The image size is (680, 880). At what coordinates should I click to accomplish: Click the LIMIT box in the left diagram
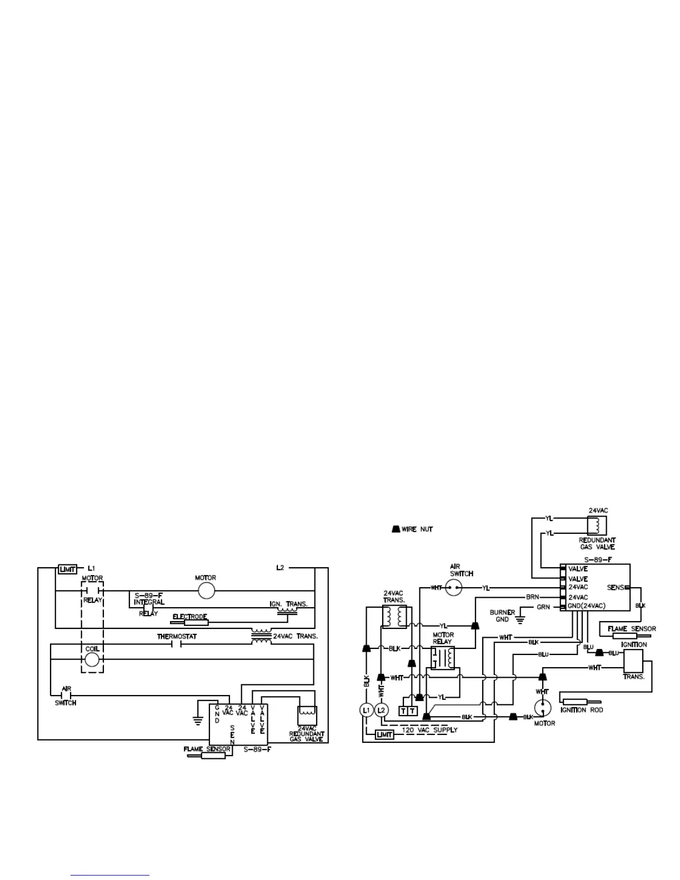coord(67,569)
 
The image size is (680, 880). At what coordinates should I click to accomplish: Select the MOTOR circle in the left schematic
coord(206,591)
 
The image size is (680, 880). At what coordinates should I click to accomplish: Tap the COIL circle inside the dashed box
coord(92,659)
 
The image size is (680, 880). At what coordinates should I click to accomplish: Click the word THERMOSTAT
coord(177,636)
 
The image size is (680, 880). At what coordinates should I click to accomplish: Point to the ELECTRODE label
coord(190,617)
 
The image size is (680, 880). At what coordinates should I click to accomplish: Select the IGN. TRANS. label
coord(288,604)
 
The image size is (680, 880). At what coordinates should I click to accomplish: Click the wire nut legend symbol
coord(395,529)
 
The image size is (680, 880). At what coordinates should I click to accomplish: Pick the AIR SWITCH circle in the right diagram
coord(454,588)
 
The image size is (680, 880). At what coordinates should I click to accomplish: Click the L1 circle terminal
coord(366,710)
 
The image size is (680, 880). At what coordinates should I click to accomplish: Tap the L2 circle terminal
coord(381,710)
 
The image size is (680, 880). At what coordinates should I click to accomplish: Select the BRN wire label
coord(532,597)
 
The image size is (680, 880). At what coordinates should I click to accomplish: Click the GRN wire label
coord(543,607)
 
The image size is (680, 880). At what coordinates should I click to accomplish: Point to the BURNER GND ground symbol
coord(521,616)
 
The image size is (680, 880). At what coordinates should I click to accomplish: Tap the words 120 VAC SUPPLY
coord(429,730)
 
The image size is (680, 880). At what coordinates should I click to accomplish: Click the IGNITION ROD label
coord(581,710)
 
